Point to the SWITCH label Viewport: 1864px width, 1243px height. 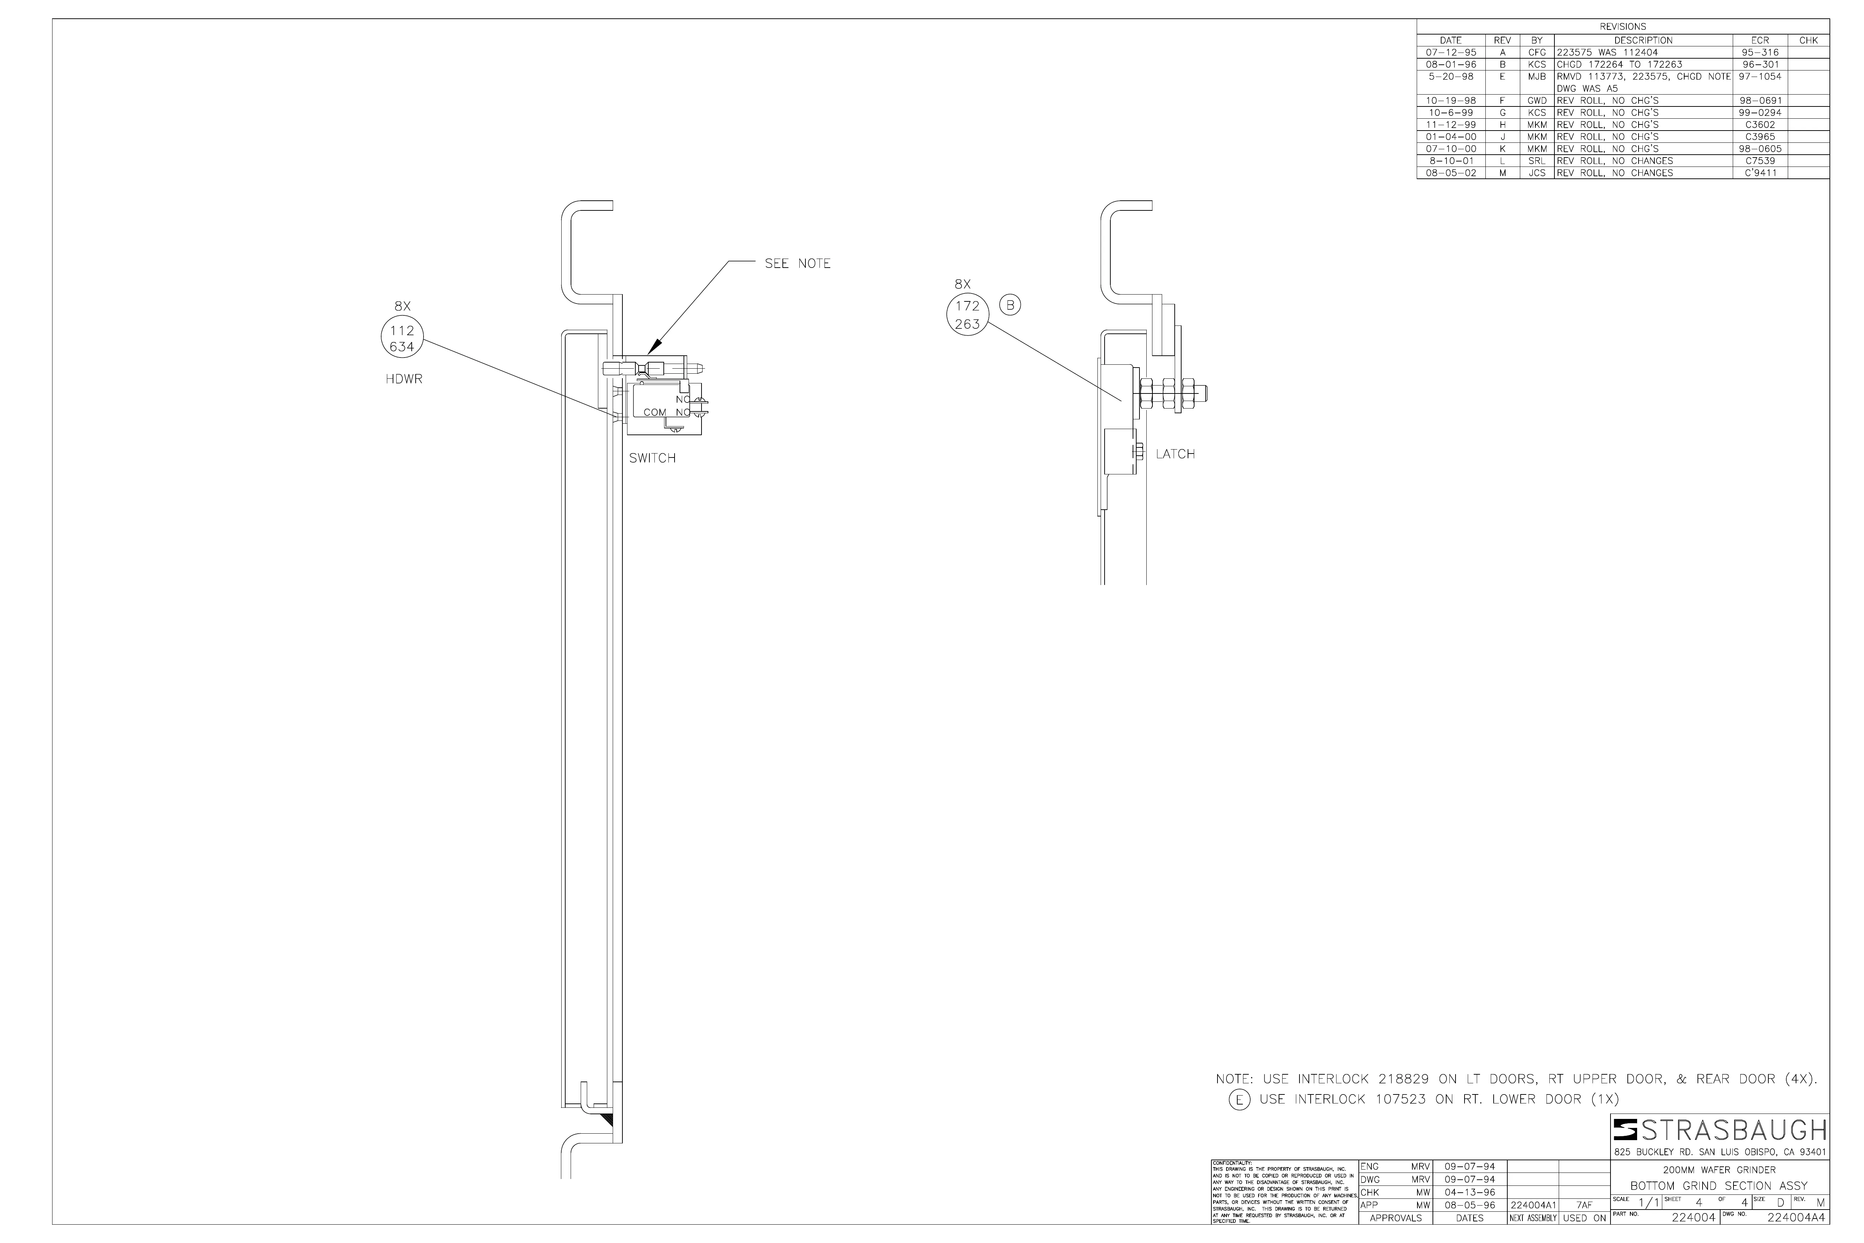652,458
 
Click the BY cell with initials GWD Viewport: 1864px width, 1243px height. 1537,101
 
